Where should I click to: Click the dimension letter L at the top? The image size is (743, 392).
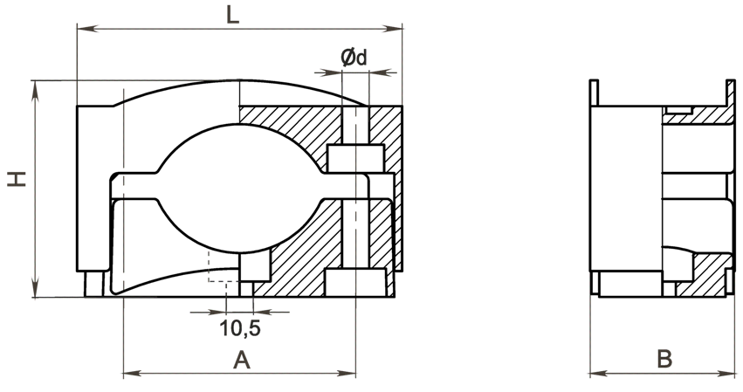(232, 15)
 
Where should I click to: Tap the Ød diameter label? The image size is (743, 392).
(354, 58)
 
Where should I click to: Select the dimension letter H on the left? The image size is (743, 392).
(17, 179)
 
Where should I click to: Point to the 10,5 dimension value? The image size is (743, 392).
(240, 328)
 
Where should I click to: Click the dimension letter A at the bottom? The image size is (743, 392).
(242, 361)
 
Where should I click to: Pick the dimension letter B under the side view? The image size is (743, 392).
(664, 360)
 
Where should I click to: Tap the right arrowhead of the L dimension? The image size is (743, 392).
(391, 29)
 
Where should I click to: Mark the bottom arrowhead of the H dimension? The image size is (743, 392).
(35, 286)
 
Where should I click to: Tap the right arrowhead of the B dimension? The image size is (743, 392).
(725, 374)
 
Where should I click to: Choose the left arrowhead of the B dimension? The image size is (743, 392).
(601, 374)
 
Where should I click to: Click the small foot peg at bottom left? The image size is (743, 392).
(93, 284)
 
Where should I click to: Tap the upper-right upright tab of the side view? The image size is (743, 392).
(731, 93)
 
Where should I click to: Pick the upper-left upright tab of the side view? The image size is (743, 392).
(595, 93)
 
